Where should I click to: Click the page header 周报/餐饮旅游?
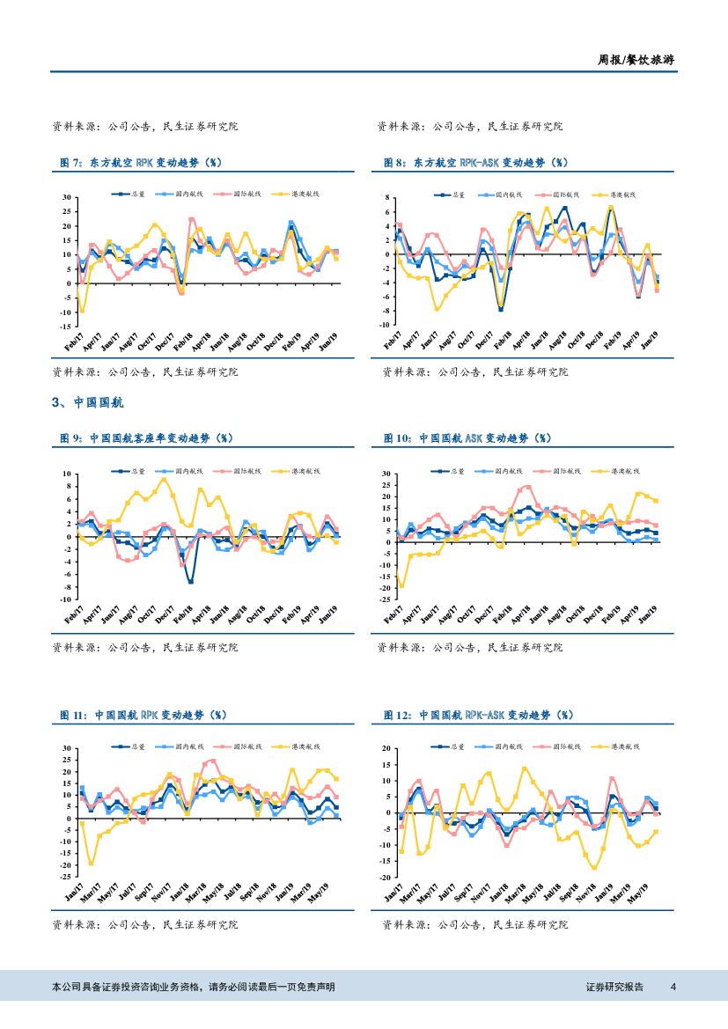click(x=637, y=60)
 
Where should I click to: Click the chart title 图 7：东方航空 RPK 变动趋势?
click(x=141, y=163)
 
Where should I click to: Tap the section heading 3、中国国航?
click(x=88, y=402)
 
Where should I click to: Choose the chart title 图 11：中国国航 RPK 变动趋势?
click(x=141, y=716)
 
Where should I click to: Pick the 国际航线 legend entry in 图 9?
click(x=239, y=472)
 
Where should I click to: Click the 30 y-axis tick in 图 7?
click(x=66, y=197)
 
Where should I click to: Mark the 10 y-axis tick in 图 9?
click(x=66, y=474)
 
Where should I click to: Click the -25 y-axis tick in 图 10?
click(x=384, y=599)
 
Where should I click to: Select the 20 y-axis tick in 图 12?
click(x=386, y=748)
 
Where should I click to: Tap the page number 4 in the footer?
click(x=673, y=987)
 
